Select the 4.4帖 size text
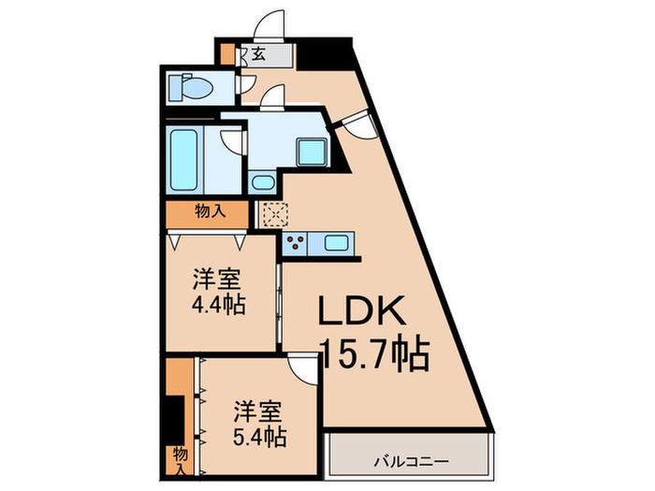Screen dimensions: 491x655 click(220, 305)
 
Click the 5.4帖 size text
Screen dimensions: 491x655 click(259, 436)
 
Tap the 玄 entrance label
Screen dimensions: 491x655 click(257, 55)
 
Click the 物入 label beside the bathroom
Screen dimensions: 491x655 click(209, 211)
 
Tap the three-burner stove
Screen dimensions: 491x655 click(298, 244)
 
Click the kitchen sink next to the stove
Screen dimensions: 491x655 click(336, 243)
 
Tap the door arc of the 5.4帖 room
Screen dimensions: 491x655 click(304, 370)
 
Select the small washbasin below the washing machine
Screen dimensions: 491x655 click(263, 183)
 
